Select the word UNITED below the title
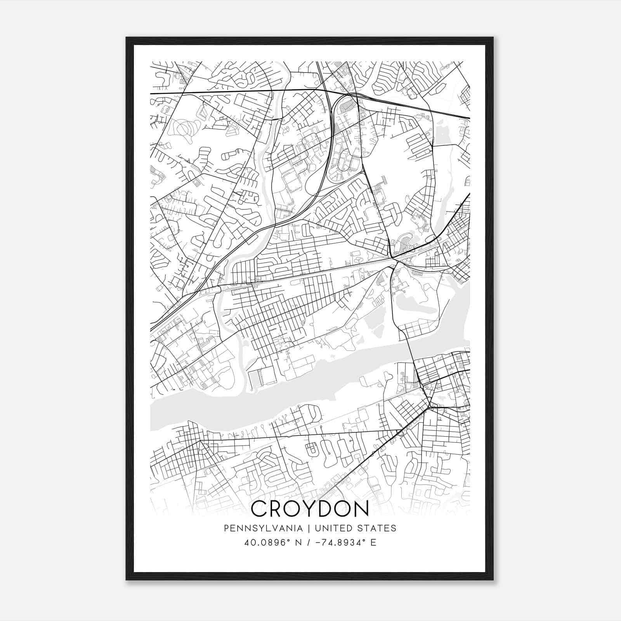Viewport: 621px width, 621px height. [333, 528]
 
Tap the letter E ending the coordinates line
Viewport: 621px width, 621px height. [373, 542]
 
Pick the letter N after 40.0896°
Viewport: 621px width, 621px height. [298, 542]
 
